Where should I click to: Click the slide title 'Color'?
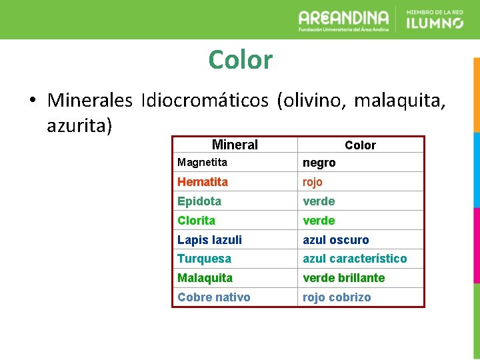click(240, 60)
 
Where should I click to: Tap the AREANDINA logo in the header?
click(343, 19)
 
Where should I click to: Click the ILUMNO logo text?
click(435, 23)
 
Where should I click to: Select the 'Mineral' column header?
click(235, 145)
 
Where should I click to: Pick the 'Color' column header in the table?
click(360, 145)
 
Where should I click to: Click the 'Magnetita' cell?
click(202, 162)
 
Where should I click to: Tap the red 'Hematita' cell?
click(203, 181)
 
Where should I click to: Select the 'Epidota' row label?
click(199, 201)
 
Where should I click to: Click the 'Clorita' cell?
click(197, 220)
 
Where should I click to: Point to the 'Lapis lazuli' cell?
click(209, 239)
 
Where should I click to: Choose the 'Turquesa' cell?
click(204, 259)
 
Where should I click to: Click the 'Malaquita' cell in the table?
click(205, 278)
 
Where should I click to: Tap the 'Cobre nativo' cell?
click(214, 297)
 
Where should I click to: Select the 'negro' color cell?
click(319, 163)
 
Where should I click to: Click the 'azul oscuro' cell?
click(335, 239)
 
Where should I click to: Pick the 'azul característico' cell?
click(355, 259)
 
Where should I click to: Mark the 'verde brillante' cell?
click(344, 278)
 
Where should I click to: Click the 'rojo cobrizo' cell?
click(337, 297)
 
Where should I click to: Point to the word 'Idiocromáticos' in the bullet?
click(204, 100)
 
